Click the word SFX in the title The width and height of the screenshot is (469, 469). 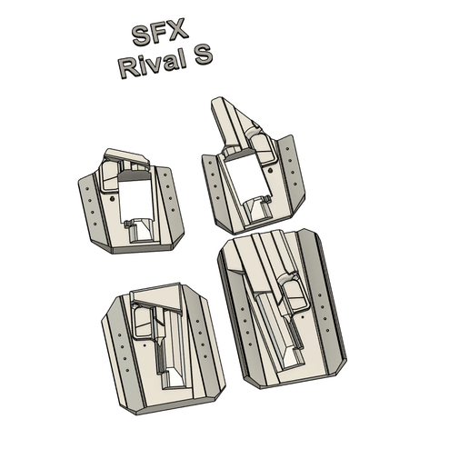pyautogui.click(x=160, y=35)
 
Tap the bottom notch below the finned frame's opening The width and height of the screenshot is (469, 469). pyautogui.click(x=258, y=211)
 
